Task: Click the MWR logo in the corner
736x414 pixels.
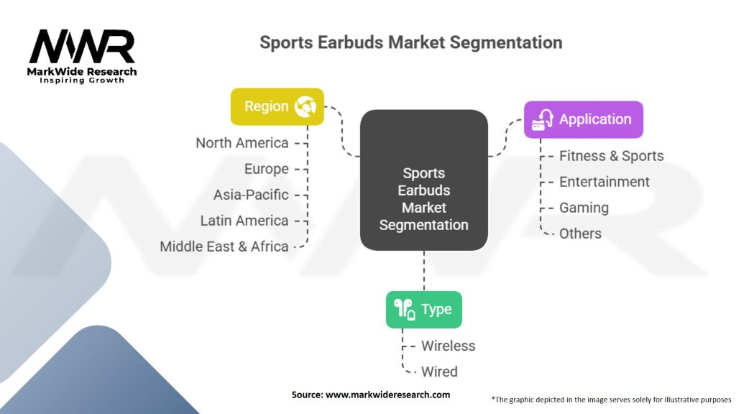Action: (83, 49)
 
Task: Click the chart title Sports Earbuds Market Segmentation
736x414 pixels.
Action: (410, 42)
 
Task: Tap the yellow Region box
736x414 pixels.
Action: (277, 106)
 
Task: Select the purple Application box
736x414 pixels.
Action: (583, 120)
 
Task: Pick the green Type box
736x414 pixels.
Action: (423, 310)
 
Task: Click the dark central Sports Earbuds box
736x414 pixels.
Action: (423, 180)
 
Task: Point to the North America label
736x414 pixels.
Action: (242, 143)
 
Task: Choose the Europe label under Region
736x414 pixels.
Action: (266, 169)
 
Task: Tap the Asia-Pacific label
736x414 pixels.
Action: (251, 195)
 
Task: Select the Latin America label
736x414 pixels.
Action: (244, 221)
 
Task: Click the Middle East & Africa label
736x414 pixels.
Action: (224, 247)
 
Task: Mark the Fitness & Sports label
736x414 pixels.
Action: (612, 156)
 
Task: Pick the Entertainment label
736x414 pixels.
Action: (604, 182)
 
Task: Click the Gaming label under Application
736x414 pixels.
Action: (584, 208)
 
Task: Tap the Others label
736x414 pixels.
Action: (580, 234)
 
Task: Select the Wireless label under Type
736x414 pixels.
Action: (448, 346)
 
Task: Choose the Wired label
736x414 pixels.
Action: (439, 372)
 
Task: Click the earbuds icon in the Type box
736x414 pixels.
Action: (404, 310)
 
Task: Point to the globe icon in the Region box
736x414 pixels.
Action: (305, 106)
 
